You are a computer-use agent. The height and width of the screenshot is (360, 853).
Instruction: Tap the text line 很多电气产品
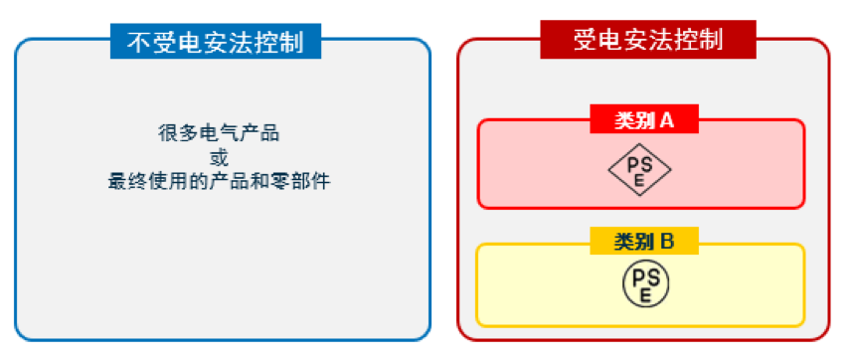[219, 133]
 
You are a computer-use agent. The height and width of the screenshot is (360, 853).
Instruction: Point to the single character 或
[219, 157]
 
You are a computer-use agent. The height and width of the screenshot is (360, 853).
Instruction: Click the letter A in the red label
[668, 120]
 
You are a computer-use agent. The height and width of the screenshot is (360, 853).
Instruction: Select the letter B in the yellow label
[668, 241]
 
